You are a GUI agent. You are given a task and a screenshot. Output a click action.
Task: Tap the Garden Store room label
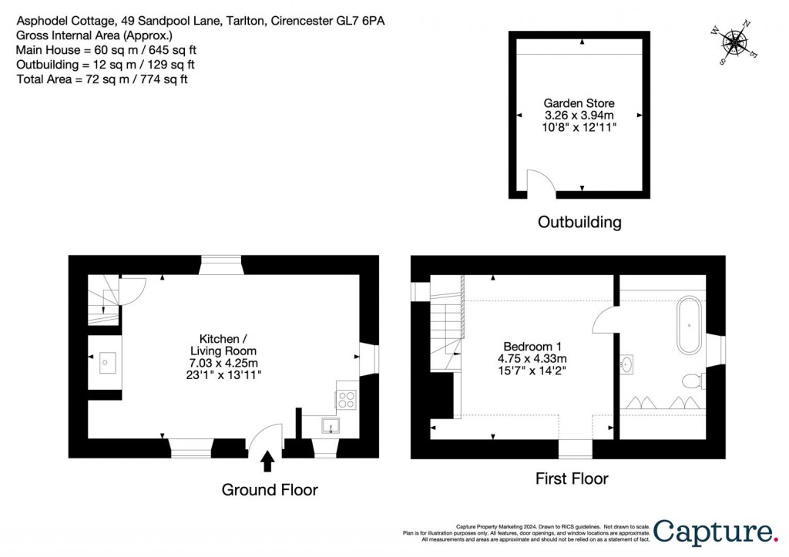click(579, 103)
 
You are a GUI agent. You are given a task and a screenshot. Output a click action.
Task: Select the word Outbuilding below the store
click(579, 223)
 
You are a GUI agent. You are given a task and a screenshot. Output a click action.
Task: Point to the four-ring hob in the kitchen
click(347, 399)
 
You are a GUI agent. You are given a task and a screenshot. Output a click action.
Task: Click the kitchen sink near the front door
click(330, 425)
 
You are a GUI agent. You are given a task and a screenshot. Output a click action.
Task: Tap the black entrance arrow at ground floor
click(267, 461)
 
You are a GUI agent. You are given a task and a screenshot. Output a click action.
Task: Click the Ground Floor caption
click(270, 490)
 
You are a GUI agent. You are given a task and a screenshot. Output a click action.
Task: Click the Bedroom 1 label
click(535, 347)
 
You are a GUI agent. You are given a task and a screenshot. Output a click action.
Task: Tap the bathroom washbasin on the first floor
click(626, 363)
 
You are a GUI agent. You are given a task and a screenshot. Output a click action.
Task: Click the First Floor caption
click(572, 479)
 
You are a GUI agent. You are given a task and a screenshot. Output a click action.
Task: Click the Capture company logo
click(716, 531)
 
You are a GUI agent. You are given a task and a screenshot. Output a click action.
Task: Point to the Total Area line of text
click(102, 79)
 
